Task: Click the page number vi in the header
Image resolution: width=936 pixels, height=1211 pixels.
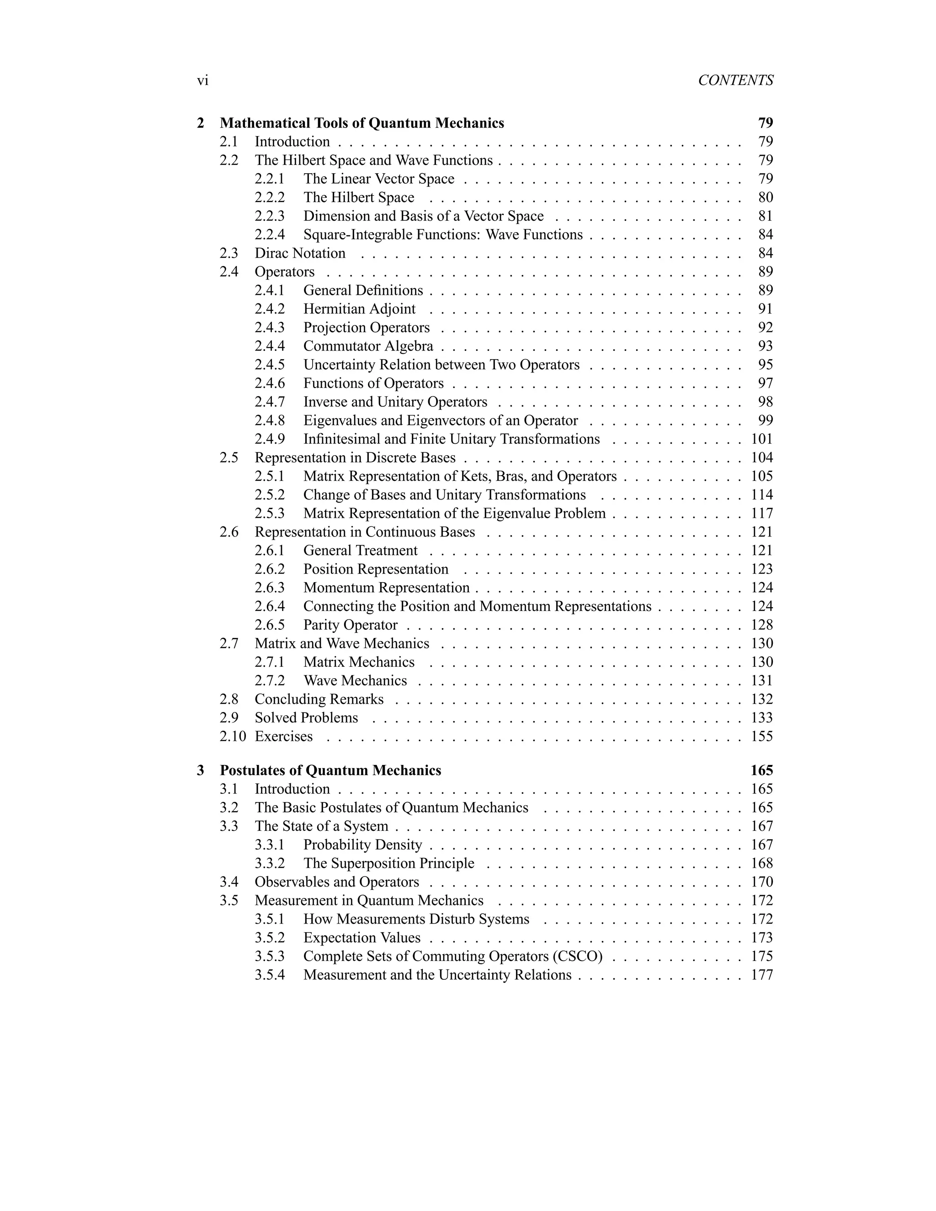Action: click(x=202, y=81)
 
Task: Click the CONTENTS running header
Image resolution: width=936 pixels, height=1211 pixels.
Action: click(x=735, y=81)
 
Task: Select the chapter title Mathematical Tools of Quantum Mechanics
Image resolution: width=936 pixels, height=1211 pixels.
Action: click(x=362, y=123)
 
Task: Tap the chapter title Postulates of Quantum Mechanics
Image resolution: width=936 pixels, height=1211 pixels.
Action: click(x=330, y=771)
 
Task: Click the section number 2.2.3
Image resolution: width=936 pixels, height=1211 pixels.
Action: click(x=270, y=216)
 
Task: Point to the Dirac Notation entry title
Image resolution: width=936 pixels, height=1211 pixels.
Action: click(x=300, y=254)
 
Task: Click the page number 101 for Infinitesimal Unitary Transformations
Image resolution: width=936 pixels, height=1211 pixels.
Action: click(x=762, y=439)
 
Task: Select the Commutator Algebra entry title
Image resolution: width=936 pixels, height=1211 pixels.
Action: click(x=368, y=346)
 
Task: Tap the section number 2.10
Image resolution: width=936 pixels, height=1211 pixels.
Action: click(x=232, y=737)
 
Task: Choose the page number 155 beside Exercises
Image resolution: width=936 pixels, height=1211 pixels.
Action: click(x=762, y=737)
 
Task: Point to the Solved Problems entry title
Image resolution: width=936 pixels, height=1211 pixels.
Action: click(x=306, y=718)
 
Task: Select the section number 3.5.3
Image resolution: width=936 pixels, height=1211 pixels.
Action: click(x=270, y=956)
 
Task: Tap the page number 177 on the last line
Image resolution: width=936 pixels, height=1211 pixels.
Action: click(x=762, y=975)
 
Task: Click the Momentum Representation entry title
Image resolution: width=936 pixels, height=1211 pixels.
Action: click(x=387, y=588)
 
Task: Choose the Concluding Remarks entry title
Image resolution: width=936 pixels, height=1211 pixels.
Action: click(x=319, y=700)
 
